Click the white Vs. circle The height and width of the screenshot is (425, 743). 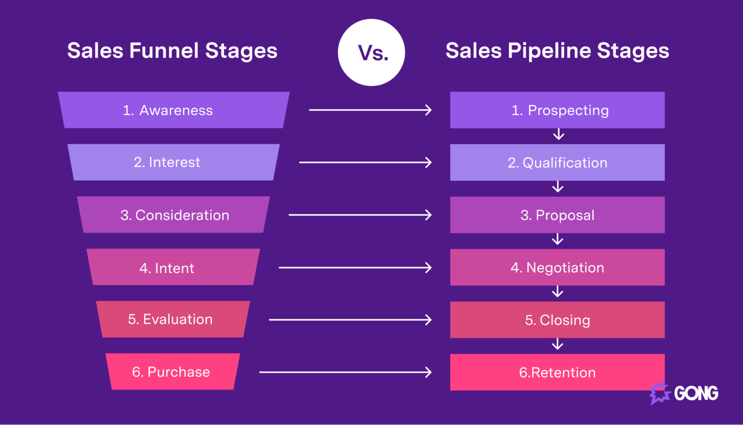(371, 52)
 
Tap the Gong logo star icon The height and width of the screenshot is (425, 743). (659, 393)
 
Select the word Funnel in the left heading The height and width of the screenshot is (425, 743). (164, 51)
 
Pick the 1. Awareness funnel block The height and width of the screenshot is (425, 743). (174, 110)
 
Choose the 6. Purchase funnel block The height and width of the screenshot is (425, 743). (172, 371)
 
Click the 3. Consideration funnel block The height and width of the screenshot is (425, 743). (174, 215)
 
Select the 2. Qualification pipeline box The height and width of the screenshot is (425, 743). (557, 162)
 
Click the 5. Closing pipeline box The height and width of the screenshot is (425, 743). (557, 320)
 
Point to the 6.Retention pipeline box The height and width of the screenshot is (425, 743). (557, 372)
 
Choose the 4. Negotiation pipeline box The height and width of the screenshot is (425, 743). (557, 267)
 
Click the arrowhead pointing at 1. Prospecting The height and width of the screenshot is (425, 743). (429, 110)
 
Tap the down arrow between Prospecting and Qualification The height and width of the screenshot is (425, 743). (558, 135)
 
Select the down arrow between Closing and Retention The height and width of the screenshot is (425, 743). (558, 344)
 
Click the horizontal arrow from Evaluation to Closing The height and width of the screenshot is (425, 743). (349, 320)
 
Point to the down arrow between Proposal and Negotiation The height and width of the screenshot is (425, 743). (558, 239)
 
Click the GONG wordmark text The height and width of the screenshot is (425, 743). (696, 393)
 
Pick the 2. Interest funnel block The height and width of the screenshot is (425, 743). (174, 162)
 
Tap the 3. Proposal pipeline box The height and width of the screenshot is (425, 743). (557, 215)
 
